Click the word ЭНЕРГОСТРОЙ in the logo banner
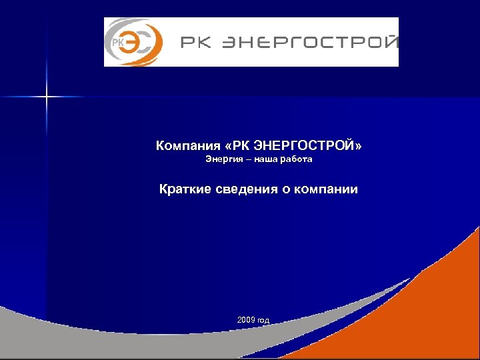click(307, 43)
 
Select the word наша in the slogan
click(262, 160)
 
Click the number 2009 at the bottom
click(245, 321)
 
